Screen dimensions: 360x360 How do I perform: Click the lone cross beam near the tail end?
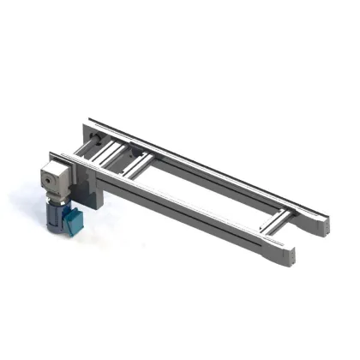(275, 221)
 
